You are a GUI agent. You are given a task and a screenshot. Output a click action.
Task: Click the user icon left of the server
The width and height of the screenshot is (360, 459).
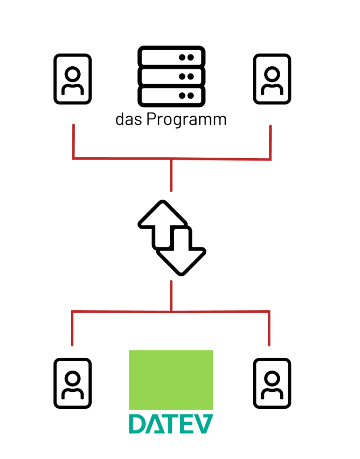point(73,79)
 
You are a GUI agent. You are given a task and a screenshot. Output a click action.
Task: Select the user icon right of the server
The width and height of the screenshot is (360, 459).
point(272,79)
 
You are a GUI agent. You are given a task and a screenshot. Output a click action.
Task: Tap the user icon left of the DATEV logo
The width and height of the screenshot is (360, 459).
point(73,383)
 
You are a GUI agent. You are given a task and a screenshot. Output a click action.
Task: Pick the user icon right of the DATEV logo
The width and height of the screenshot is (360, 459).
point(272,383)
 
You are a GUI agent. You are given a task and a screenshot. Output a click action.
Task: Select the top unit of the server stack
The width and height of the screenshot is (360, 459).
point(171,57)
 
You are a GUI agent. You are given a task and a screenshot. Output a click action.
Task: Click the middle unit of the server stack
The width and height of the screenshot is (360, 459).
point(171,76)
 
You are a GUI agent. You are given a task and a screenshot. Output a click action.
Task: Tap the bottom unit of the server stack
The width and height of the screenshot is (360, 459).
point(171,95)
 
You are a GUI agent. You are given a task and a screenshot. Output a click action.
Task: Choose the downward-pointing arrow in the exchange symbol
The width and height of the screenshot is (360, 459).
point(182,253)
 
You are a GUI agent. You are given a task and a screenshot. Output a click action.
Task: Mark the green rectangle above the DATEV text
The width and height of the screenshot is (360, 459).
point(171,380)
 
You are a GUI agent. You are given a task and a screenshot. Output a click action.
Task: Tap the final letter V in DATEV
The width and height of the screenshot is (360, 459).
point(203,424)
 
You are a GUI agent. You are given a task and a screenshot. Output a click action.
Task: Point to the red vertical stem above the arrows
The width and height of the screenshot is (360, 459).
point(171,175)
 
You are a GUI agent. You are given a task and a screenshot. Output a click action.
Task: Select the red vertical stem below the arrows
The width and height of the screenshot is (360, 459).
point(171,296)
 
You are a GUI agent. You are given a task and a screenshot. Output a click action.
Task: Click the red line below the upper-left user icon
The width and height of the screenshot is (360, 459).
point(73,141)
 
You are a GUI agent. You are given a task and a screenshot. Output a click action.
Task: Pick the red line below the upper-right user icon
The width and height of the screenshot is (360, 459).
point(270,142)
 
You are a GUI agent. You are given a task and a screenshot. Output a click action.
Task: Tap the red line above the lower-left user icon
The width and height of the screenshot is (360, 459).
point(72,328)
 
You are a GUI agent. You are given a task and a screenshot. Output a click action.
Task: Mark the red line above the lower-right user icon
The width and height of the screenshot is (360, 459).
point(269,328)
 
